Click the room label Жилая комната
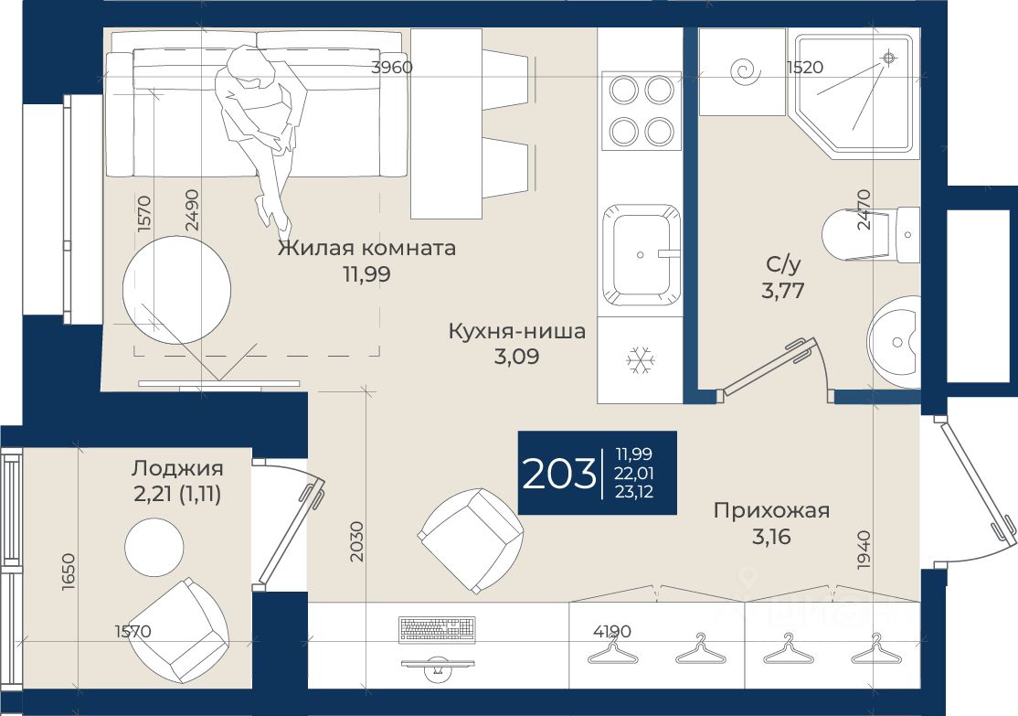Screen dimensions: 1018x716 (x=366, y=248)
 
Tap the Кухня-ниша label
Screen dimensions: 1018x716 (x=517, y=331)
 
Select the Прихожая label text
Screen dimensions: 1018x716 (x=771, y=510)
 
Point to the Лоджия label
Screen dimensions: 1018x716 (x=177, y=468)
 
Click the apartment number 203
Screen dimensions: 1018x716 (x=559, y=473)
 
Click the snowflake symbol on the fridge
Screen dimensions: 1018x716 (x=641, y=360)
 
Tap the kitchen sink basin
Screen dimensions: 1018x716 (x=642, y=255)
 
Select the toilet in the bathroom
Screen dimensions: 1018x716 (x=870, y=234)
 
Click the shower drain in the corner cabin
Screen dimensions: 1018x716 (x=889, y=59)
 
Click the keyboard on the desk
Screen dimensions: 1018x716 (x=437, y=629)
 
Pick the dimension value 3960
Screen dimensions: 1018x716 (x=391, y=67)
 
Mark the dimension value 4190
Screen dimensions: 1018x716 (x=612, y=631)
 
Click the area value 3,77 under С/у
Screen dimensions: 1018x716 (x=783, y=290)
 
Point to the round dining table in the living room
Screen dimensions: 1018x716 (x=176, y=289)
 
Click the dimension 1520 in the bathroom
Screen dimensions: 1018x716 (x=804, y=67)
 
